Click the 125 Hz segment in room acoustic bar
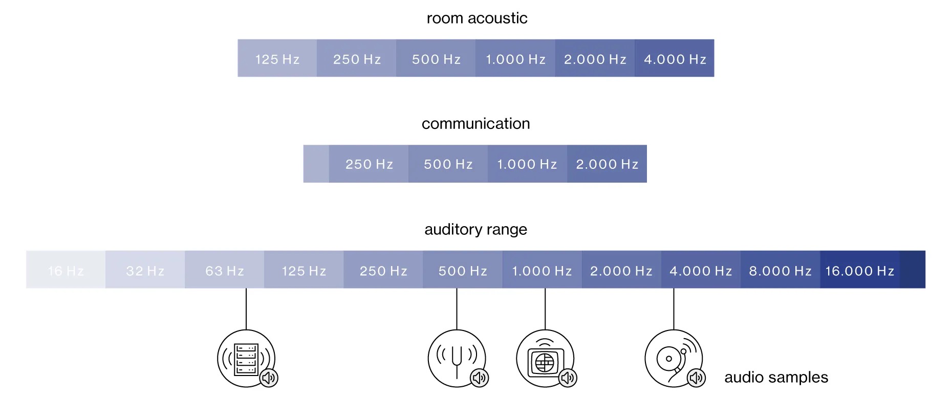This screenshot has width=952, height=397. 277,58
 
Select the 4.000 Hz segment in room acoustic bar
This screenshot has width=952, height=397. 675,58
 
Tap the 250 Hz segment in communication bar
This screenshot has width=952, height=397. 369,164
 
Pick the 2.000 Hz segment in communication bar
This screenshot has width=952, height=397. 607,164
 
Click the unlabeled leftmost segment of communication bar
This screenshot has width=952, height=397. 316,164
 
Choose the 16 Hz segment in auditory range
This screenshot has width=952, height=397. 66,270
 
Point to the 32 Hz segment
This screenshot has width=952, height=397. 145,270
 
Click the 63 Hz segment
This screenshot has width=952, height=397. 224,270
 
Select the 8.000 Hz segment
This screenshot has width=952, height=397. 780,270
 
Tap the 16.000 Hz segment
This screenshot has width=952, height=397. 859,270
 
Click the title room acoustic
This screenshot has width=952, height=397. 477,18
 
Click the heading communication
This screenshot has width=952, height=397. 475,123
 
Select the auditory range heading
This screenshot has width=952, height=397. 475,229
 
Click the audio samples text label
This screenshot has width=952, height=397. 776,378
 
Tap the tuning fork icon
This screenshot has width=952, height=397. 456,358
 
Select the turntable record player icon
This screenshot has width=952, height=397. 673,358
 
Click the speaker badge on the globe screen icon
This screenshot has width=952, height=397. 568,378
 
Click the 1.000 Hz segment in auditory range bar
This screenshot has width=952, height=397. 542,270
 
